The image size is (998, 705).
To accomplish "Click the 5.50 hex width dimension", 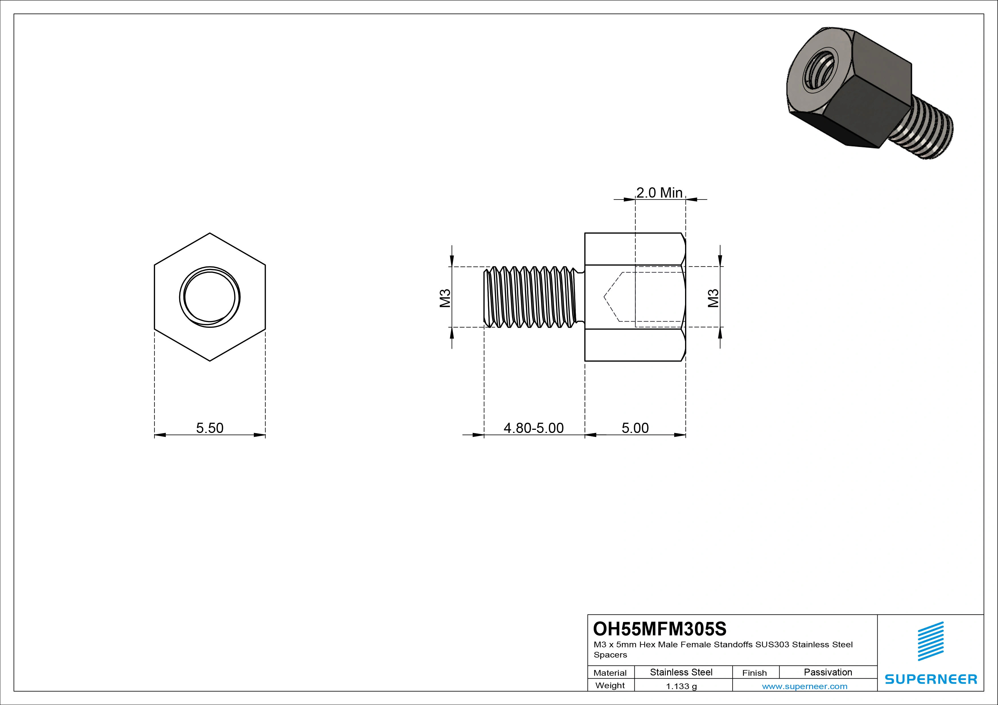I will tap(209, 428).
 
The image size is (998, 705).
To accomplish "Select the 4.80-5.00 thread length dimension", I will tap(533, 428).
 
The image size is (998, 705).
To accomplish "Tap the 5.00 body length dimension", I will tap(635, 428).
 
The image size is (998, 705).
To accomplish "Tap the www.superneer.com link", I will tap(805, 686).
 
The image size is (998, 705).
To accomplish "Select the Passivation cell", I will tap(828, 672).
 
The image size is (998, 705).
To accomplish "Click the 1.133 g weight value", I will tap(681, 686).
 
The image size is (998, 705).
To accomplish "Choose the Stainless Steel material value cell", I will tap(681, 672).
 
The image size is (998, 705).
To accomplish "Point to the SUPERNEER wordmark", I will tap(931, 679).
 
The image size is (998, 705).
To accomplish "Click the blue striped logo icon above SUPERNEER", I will tap(931, 641).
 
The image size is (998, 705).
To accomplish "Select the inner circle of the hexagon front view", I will tap(209, 297).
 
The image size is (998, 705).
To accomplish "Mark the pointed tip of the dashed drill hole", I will tap(605, 297).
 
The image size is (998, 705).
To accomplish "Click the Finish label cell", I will tap(754, 672).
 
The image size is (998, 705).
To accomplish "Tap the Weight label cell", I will tap(610, 685).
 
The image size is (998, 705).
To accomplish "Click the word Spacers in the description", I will tap(610, 655).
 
